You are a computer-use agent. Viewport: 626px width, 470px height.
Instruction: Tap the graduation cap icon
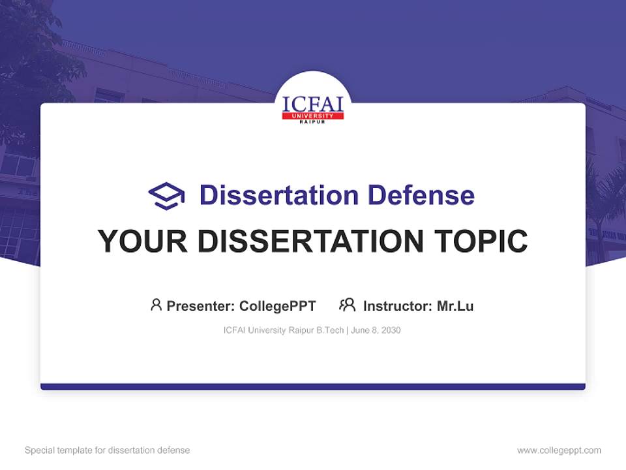click(166, 196)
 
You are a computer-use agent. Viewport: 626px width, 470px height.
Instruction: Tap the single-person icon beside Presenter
click(156, 305)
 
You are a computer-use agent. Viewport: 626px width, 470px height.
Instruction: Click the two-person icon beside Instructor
click(347, 305)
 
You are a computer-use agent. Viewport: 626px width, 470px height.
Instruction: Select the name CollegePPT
click(277, 306)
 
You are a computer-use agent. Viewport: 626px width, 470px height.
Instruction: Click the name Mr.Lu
click(455, 306)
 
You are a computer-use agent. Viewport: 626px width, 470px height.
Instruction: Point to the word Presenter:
click(201, 306)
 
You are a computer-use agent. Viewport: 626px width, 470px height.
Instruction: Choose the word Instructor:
click(397, 306)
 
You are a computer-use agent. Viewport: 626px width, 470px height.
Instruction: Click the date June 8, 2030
click(376, 330)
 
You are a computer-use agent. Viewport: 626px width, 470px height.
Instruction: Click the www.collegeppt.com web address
click(559, 450)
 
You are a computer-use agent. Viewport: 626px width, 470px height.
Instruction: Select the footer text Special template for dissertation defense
click(108, 450)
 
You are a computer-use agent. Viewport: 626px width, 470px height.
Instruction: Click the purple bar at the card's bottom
click(313, 386)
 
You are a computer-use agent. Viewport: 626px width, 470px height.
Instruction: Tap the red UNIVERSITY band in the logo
click(313, 116)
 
